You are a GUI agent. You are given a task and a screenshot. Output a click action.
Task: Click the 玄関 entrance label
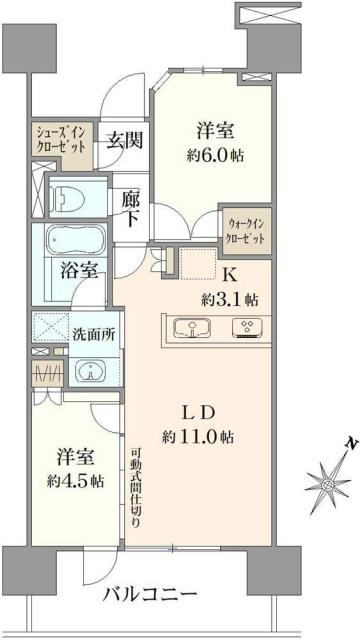pyautogui.click(x=125, y=139)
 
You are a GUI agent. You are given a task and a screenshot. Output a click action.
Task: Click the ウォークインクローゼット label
pyautogui.click(x=246, y=231)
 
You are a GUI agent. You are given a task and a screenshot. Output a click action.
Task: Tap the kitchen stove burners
pyautogui.click(x=246, y=328)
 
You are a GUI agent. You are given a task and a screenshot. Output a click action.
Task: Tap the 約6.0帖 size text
pyautogui.click(x=214, y=154)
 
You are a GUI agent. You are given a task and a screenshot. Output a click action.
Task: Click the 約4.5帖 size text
pyautogui.click(x=75, y=481)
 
